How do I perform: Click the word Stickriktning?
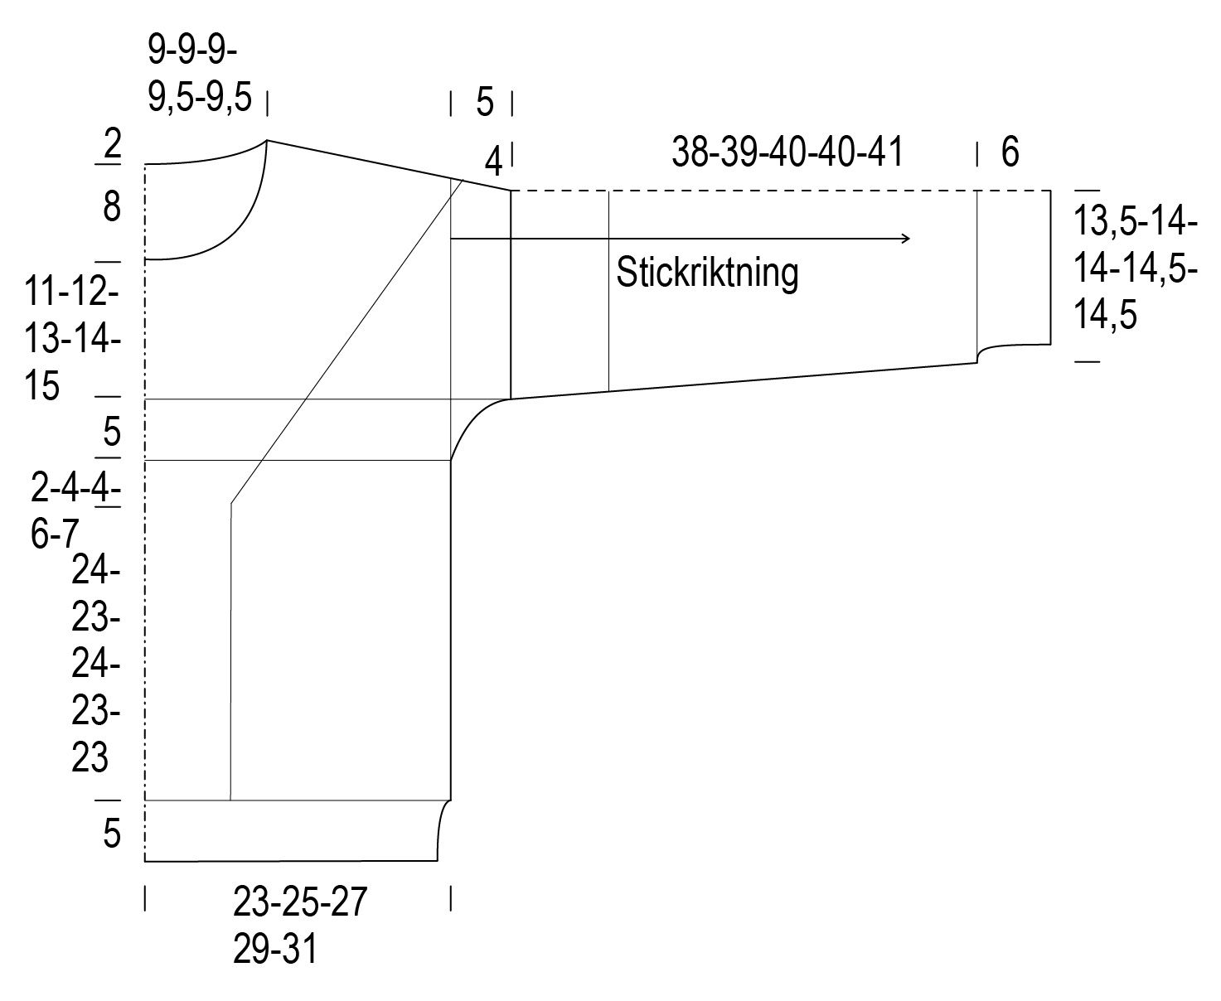click(x=707, y=272)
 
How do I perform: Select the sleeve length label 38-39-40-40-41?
click(x=787, y=152)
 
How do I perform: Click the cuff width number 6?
click(x=1010, y=152)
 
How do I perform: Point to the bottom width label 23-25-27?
click(x=300, y=901)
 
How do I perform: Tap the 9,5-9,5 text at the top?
click(x=200, y=96)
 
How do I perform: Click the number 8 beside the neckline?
click(x=112, y=206)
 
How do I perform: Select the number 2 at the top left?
click(x=112, y=143)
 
